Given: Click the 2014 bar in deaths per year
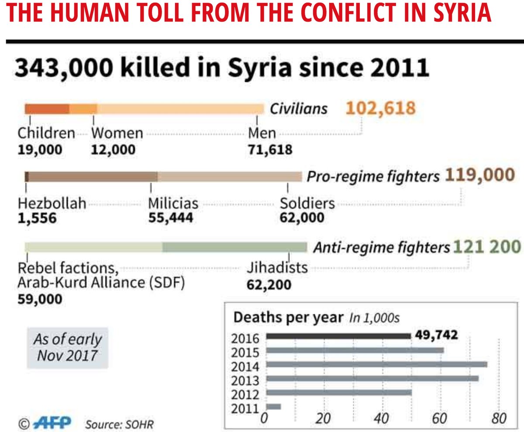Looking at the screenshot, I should click(x=376, y=364).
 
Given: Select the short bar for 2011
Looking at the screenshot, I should click(x=273, y=407).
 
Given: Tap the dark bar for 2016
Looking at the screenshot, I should click(x=338, y=336).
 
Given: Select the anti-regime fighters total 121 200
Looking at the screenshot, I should click(x=487, y=247).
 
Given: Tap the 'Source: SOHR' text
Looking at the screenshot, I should click(x=119, y=424).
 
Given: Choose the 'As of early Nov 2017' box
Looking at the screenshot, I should click(x=67, y=347).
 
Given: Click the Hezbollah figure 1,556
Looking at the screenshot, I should click(x=37, y=218).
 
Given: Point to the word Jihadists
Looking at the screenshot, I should click(x=277, y=267).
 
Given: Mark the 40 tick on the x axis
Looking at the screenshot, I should click(x=382, y=418).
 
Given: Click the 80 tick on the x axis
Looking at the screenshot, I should click(x=498, y=418).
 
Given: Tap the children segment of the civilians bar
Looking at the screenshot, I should click(x=47, y=109).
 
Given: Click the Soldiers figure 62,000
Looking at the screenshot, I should click(x=302, y=218).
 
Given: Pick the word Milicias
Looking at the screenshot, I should click(x=173, y=203).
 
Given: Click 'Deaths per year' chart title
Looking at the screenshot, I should click(x=289, y=318).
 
